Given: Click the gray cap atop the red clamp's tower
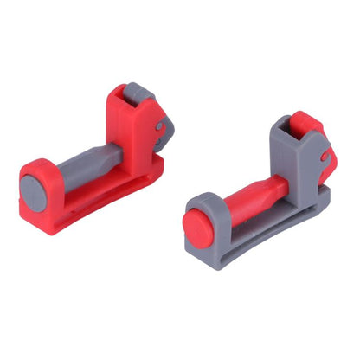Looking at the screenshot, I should [x=138, y=95].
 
